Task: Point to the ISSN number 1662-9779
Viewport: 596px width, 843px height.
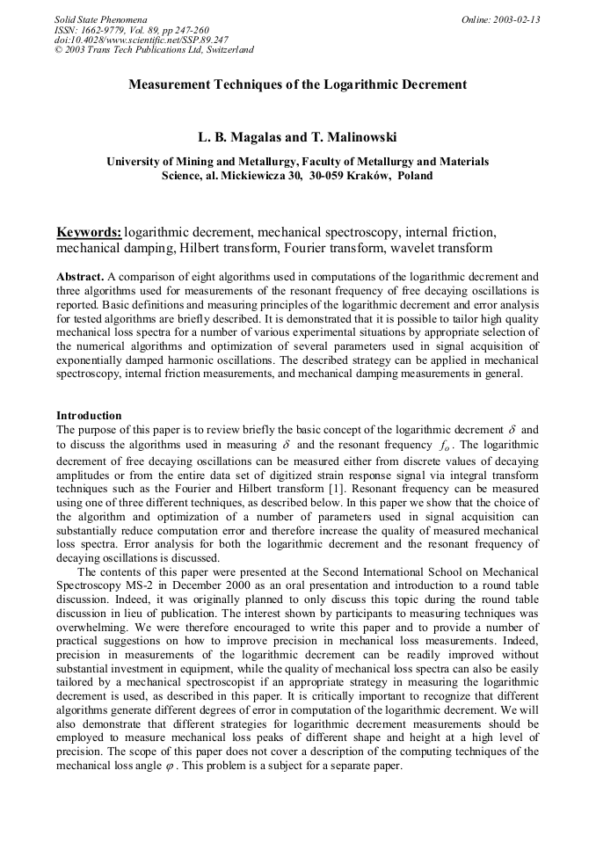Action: (x=105, y=30)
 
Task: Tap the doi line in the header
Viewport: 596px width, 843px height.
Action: (x=141, y=40)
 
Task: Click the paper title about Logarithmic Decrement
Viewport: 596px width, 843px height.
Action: (x=297, y=85)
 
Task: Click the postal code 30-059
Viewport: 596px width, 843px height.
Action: (x=327, y=176)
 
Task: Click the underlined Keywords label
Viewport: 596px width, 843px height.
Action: (x=89, y=233)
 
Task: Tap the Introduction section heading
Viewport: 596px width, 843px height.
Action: (x=89, y=415)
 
